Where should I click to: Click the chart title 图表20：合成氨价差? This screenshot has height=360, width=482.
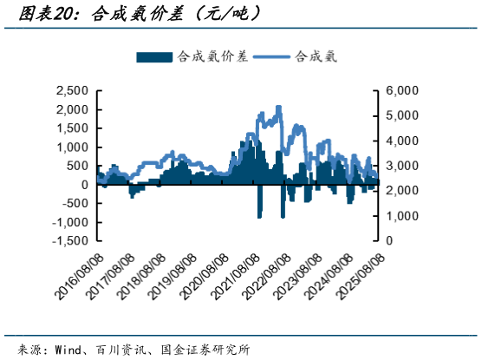click(101, 14)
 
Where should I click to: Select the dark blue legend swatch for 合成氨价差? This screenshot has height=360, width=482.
click(154, 57)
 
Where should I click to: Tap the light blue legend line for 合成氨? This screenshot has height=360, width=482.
click(271, 57)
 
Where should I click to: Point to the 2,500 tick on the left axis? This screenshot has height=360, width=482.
click(72, 91)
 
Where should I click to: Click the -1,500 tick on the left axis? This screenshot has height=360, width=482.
click(70, 240)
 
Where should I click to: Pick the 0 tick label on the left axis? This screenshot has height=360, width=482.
click(85, 185)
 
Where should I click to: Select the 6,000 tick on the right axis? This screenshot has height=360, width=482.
click(402, 90)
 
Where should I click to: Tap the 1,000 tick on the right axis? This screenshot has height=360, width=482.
click(402, 216)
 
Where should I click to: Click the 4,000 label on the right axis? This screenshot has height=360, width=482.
click(402, 141)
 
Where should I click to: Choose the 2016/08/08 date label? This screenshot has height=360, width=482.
click(79, 277)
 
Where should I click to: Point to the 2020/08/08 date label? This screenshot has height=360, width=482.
click(204, 277)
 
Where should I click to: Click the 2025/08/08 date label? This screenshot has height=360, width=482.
click(360, 277)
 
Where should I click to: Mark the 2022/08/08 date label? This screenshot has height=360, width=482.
click(266, 277)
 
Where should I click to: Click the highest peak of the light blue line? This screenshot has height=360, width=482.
click(278, 107)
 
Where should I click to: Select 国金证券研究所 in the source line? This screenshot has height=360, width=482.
click(205, 350)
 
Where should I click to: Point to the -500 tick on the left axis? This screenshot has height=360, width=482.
click(75, 203)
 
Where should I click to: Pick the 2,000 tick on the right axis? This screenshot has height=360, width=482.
click(402, 191)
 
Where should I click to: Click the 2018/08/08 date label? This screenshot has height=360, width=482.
click(141, 277)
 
